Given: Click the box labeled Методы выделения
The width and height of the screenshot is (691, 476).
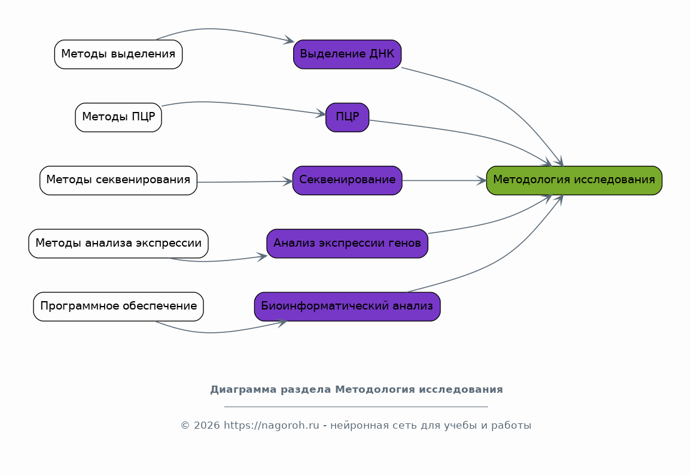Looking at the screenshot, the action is [118, 54].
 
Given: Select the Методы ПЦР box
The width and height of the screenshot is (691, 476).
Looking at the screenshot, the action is [118, 117].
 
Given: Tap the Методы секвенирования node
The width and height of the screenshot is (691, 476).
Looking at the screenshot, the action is [118, 180].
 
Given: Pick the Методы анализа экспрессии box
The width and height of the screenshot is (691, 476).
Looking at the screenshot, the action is [118, 244].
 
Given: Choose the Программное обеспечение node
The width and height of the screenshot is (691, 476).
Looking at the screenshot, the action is [118, 307].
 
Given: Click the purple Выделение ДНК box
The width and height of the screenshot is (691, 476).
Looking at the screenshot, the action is [347, 54].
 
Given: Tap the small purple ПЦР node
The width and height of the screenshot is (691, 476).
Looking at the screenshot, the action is [347, 117].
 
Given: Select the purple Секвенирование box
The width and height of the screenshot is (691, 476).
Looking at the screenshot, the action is [347, 180].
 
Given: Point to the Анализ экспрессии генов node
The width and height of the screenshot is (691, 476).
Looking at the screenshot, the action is [347, 244].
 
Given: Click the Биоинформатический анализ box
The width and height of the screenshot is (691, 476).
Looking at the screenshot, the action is [347, 307].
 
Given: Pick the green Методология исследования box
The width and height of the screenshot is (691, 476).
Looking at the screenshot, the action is [574, 180].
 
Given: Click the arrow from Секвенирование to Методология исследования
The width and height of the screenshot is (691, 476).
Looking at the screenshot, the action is [444, 180].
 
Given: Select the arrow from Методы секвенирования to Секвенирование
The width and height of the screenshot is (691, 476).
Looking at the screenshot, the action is [245, 182].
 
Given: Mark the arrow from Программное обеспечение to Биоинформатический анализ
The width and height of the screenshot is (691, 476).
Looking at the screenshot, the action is [220, 331].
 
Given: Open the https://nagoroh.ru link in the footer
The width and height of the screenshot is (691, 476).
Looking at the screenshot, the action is [272, 426].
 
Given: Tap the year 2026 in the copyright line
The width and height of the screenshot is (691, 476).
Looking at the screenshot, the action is [206, 426].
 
